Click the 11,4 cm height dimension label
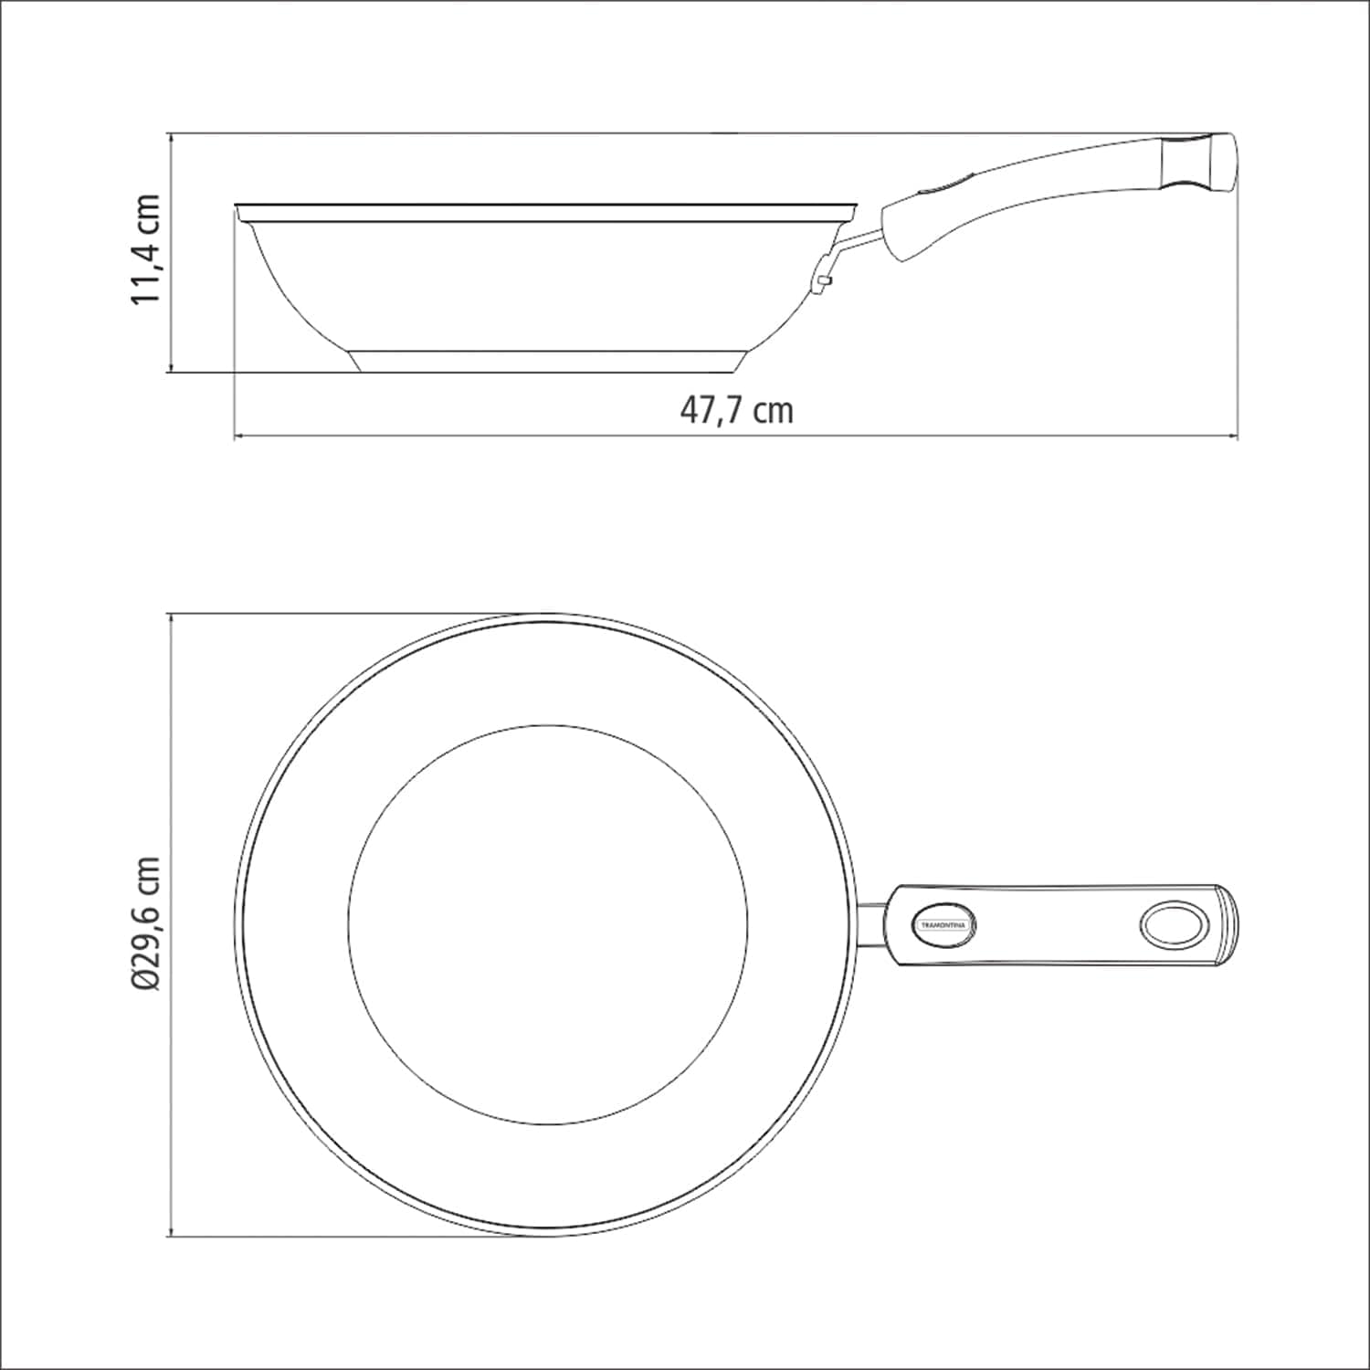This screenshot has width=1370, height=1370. tap(146, 249)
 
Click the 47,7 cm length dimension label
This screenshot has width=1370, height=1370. tap(736, 410)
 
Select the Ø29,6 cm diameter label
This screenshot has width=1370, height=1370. tap(146, 923)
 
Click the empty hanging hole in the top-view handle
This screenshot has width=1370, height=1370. tap(1173, 925)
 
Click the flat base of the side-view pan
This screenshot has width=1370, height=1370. tap(546, 362)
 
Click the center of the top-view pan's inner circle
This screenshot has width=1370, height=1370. tap(548, 924)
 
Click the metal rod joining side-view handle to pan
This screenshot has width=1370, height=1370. tap(859, 241)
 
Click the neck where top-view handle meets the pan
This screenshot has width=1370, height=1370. tap(873, 925)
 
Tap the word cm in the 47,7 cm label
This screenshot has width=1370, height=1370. tap(775, 411)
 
